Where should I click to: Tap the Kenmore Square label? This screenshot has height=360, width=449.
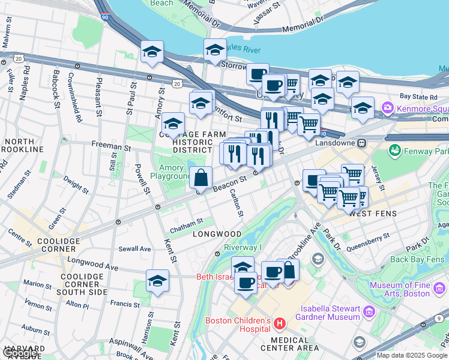[420, 108]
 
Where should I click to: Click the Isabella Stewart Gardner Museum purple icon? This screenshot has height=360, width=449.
[368, 312]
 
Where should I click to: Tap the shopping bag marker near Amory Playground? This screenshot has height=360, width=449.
[201, 178]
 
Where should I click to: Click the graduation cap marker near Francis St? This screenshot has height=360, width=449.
[157, 281]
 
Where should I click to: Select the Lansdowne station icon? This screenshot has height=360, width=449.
[362, 143]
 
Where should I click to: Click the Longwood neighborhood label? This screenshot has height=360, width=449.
[217, 234]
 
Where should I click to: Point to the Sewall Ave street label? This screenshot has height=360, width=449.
[134, 248]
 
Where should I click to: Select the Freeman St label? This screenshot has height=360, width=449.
[111, 146]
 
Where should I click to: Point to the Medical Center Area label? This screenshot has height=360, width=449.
[290, 347]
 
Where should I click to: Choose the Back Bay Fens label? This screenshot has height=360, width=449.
[416, 260]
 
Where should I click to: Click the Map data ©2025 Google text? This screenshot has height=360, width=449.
[411, 355]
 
